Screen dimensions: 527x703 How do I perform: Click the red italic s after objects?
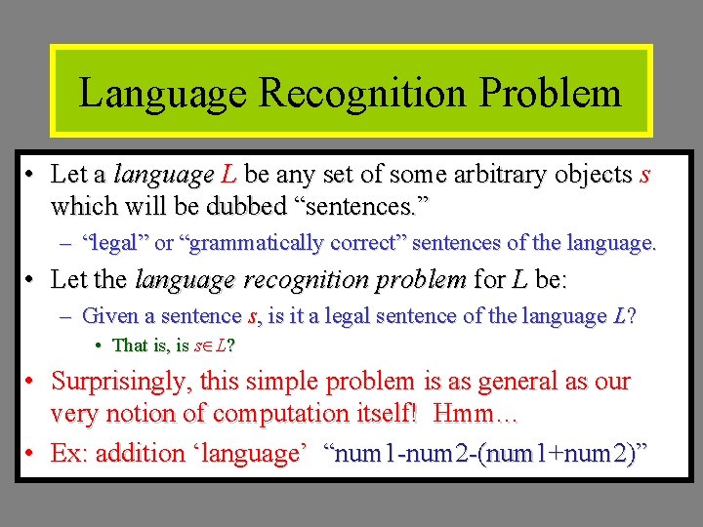tap(643, 176)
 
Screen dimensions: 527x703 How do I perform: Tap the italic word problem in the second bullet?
tap(421, 280)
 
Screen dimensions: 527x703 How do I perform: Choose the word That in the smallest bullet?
tap(130, 345)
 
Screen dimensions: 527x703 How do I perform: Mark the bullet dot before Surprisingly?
tap(30, 382)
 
